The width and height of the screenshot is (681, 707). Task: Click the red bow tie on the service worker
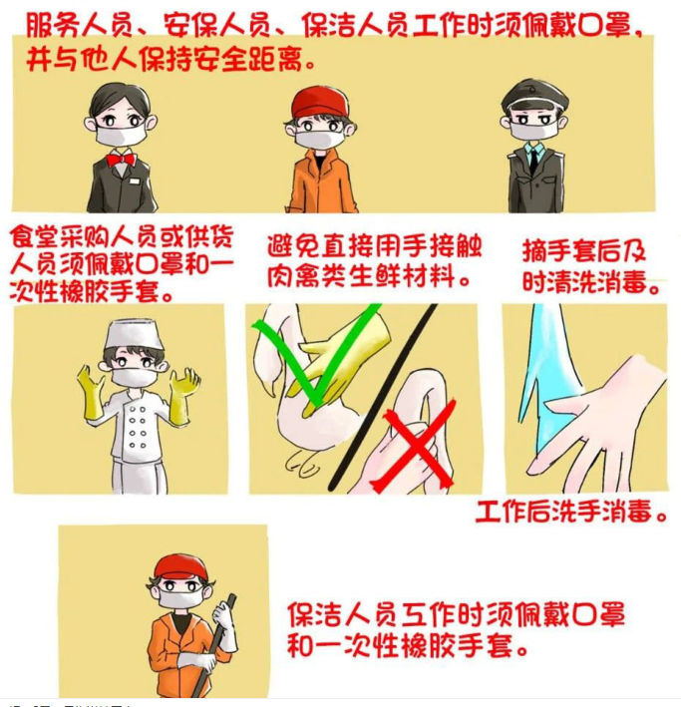120,160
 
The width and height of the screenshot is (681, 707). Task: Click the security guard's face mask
533,129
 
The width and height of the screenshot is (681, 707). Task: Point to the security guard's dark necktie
534,160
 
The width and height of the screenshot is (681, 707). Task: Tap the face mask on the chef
134,377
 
